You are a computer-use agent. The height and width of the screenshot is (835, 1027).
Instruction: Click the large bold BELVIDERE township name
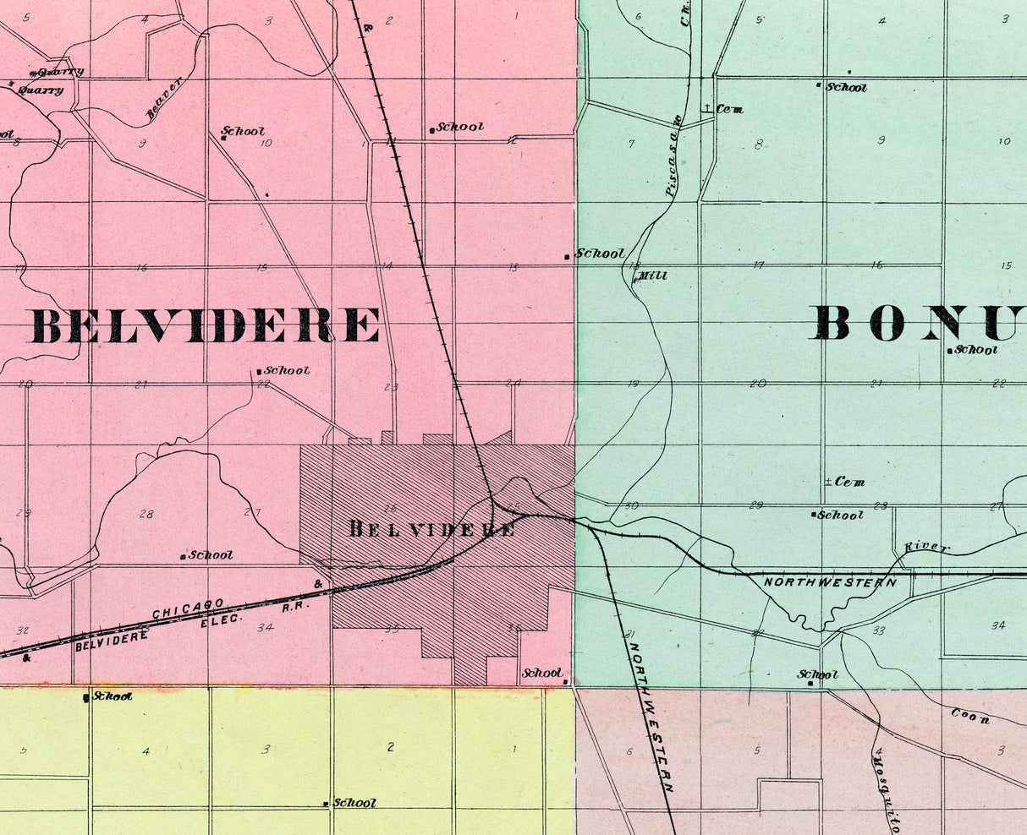tap(206, 325)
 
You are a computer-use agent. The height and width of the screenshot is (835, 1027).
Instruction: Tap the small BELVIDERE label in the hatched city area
tap(432, 529)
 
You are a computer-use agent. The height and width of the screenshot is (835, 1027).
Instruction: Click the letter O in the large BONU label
tap(886, 322)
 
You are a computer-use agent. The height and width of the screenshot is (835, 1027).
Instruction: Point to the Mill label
tap(652, 276)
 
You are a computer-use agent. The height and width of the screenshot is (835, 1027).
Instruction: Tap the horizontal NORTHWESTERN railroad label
tap(830, 582)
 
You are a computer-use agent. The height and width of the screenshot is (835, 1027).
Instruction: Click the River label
tap(927, 548)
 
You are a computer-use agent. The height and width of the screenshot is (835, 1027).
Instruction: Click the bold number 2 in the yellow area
tap(390, 746)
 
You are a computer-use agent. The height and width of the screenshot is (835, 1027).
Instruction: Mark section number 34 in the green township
tap(998, 625)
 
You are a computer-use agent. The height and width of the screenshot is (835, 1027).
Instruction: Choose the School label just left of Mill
tap(599, 253)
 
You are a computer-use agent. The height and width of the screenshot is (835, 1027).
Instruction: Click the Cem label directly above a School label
tap(849, 482)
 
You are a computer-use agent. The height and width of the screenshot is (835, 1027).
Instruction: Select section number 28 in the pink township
tap(146, 514)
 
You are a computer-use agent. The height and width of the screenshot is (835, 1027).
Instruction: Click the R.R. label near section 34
tap(293, 607)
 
